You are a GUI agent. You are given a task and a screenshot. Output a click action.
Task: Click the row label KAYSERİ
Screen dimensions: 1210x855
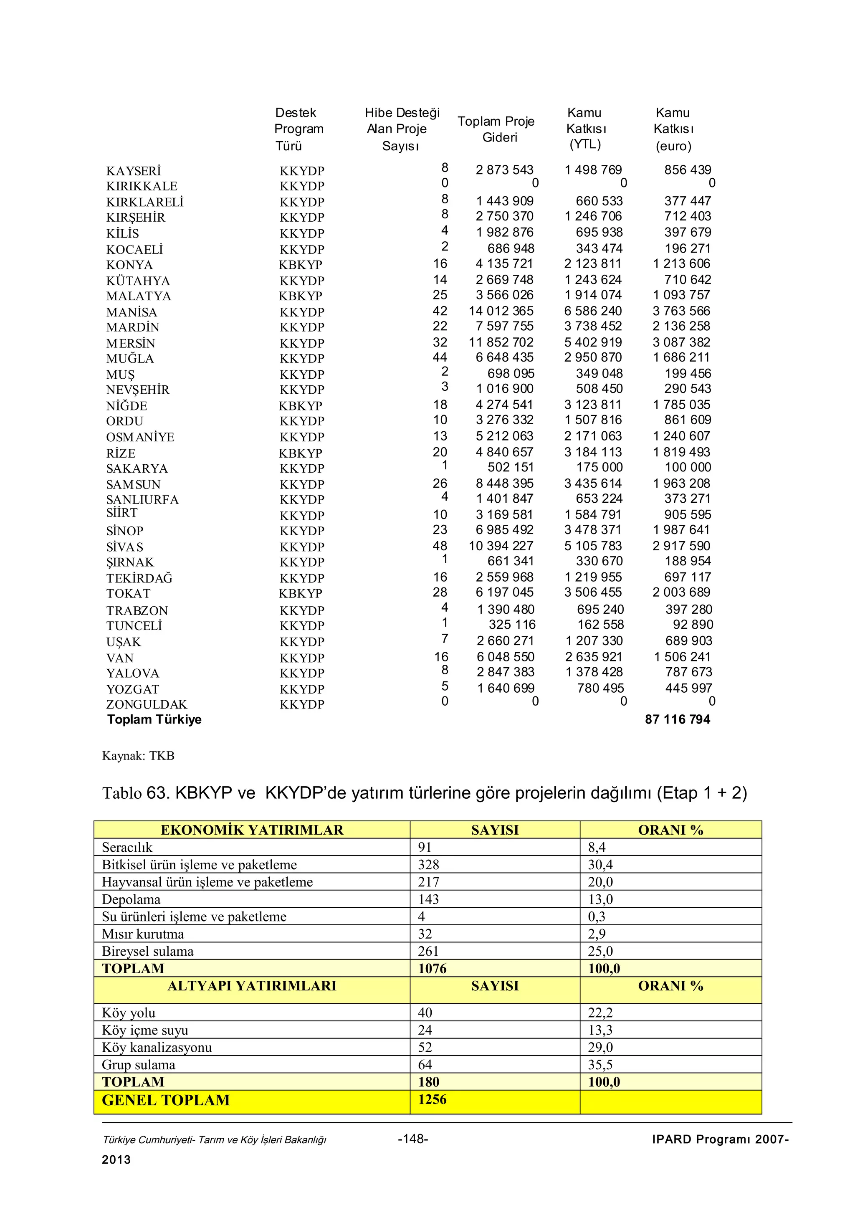click(x=133, y=171)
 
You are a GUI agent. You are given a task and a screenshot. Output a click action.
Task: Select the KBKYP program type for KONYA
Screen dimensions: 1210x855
click(x=300, y=265)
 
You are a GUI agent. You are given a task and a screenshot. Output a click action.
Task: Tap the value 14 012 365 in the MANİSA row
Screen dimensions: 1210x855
click(x=501, y=311)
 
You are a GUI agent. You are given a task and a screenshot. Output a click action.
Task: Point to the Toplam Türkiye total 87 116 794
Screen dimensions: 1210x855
click(x=678, y=719)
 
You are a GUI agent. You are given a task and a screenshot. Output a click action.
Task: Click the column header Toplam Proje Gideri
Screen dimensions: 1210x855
click(x=496, y=129)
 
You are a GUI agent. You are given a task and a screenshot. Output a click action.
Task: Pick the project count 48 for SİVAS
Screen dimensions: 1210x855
click(x=440, y=546)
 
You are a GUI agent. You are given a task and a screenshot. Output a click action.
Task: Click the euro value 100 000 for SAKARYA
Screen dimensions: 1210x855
click(x=688, y=468)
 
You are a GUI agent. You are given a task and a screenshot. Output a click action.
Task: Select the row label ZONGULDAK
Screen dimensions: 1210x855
click(x=147, y=705)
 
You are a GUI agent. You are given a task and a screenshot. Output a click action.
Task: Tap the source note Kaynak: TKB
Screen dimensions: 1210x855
click(x=138, y=756)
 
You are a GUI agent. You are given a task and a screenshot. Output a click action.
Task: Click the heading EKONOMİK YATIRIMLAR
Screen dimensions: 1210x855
click(x=252, y=830)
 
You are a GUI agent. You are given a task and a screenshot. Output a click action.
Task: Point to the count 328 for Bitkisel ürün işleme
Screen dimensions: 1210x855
click(x=428, y=865)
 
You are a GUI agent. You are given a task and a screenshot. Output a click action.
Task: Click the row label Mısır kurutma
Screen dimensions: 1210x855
click(x=143, y=934)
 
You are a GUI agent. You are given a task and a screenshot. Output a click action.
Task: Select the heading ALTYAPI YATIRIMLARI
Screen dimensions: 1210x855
click(x=252, y=986)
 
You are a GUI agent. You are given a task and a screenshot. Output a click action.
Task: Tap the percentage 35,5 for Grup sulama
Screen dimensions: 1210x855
click(x=600, y=1065)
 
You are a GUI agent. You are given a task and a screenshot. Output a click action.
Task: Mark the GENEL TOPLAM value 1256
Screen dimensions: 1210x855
click(x=432, y=1100)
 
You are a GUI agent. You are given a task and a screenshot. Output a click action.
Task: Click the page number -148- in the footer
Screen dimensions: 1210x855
click(x=413, y=1139)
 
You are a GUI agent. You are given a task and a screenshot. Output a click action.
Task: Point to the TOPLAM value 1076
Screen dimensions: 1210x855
click(x=432, y=969)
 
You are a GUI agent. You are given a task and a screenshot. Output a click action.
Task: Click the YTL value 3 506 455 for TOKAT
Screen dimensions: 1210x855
click(x=593, y=592)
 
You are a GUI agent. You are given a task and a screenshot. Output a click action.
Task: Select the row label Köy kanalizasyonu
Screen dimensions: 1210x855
click(x=157, y=1048)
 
